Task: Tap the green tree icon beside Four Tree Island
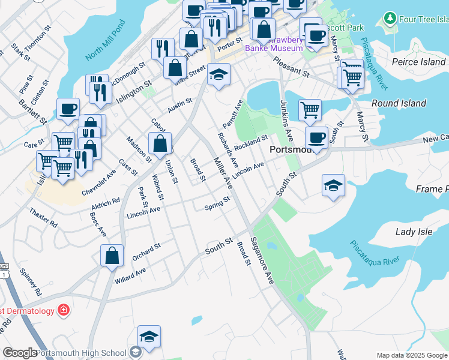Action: point(391,19)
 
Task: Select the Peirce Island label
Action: point(418,62)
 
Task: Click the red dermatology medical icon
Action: point(63,310)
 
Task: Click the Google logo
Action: point(20,353)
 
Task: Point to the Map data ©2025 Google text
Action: point(412,355)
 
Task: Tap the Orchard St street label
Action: point(146,251)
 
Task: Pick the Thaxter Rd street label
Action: point(43,217)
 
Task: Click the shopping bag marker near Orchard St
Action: point(112,256)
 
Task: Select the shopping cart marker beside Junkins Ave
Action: point(310,109)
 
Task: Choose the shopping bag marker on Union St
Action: point(160,143)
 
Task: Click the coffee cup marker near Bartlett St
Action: point(68,109)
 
